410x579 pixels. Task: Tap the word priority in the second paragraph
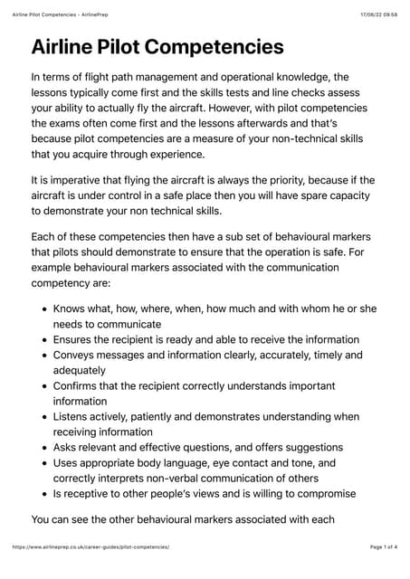(x=285, y=179)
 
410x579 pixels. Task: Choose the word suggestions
(x=308, y=447)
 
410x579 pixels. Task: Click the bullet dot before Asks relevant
(x=45, y=447)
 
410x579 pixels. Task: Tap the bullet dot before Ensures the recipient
(x=45, y=339)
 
